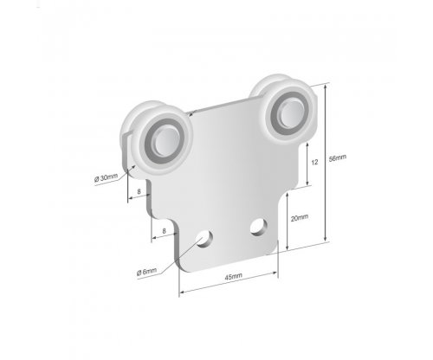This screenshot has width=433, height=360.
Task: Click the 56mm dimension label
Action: coord(338,158)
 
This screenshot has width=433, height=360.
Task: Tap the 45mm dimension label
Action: coord(233,277)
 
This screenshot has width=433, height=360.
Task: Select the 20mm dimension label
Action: coord(300,218)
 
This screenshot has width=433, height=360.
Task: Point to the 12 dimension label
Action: coord(314,162)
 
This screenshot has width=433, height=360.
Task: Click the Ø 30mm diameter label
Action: coord(106,177)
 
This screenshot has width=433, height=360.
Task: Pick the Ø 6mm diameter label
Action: coord(146,272)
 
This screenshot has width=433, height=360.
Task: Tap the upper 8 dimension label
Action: coord(139,191)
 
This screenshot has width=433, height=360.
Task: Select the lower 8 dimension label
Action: coord(164,231)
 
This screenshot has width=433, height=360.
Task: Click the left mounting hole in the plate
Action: coord(205,239)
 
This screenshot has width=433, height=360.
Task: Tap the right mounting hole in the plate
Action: coord(258,227)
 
